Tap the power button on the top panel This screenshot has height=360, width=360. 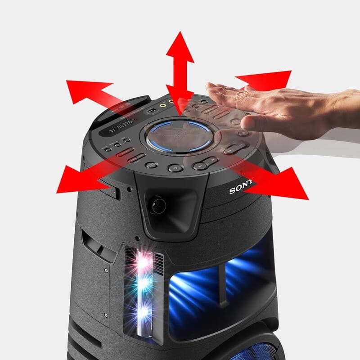[x=175, y=168]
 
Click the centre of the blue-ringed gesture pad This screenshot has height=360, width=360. [x=180, y=135]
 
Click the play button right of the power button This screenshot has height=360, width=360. [x=200, y=166]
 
